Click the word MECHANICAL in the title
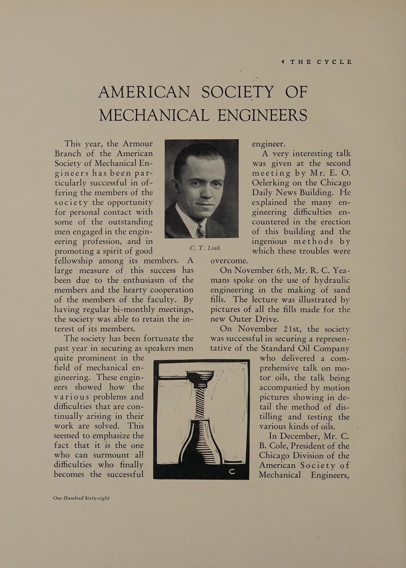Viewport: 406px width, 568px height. [154, 115]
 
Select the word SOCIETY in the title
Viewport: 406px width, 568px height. [234, 92]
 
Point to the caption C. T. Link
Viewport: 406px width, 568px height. [205, 248]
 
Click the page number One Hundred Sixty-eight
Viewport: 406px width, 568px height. [81, 498]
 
